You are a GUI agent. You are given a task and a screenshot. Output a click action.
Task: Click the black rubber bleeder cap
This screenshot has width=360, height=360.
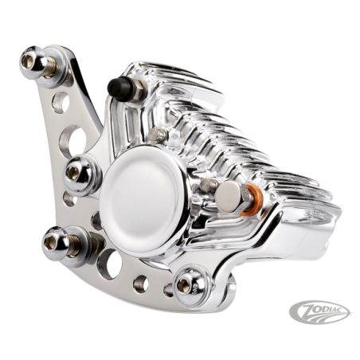coord(119,88)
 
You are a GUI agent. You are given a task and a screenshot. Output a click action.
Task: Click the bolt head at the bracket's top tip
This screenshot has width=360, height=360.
coord(31,62)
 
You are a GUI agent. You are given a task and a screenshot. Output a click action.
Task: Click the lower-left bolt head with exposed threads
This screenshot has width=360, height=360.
coord(53,242)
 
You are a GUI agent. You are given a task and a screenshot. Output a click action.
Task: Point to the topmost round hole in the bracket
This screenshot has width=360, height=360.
coord(61,103)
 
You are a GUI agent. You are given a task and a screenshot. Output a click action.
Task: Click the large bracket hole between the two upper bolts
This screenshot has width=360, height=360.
coord(72,141)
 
